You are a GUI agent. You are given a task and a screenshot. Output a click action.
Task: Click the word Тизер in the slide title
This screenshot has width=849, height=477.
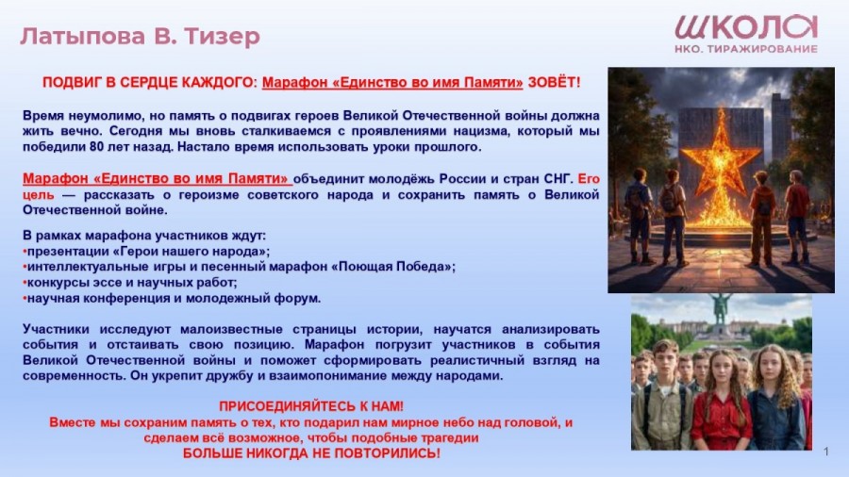click(222, 36)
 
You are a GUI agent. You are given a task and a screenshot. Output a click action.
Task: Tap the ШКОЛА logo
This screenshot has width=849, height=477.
click(746, 27)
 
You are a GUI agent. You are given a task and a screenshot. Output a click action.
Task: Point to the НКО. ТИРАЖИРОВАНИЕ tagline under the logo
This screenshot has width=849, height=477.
click(746, 49)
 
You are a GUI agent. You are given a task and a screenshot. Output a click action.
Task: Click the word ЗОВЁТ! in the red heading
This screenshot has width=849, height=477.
click(554, 82)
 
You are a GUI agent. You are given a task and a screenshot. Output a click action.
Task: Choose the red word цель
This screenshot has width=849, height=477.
click(39, 195)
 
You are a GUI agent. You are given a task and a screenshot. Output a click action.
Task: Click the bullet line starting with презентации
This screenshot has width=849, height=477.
click(147, 252)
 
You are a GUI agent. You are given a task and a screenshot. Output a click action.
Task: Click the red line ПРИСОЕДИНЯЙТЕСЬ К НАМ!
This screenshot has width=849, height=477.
click(311, 406)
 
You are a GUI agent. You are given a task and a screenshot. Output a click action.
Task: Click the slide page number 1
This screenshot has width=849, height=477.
click(826, 452)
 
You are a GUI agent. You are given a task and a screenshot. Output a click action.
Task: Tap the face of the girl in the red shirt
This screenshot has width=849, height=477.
click(719, 369)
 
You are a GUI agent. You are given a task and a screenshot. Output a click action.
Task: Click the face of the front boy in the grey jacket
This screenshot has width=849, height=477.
click(665, 358)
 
